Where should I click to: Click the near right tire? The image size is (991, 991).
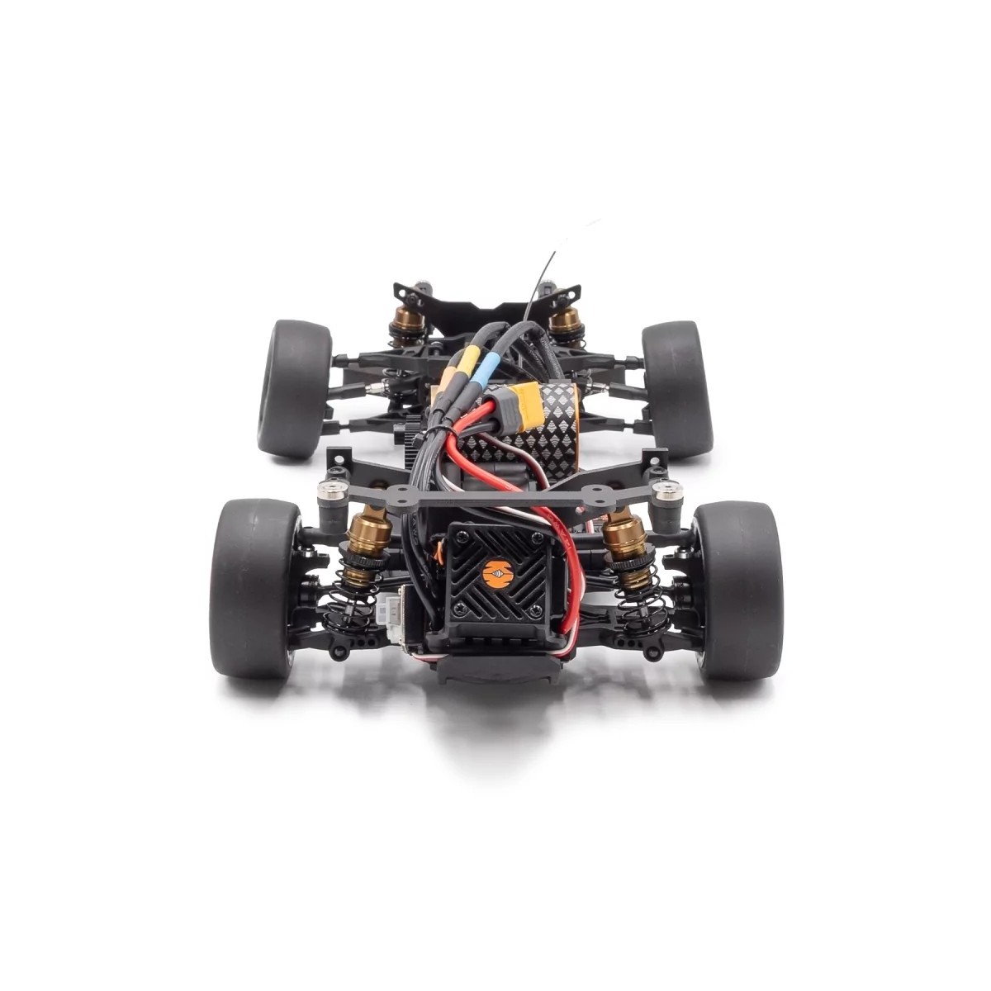pyautogui.click(x=737, y=588)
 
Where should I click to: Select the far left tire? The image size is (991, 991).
pyautogui.click(x=294, y=388)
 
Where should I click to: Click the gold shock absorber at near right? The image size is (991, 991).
pyautogui.click(x=621, y=541)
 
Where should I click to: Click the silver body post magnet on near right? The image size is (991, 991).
pyautogui.click(x=666, y=494)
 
